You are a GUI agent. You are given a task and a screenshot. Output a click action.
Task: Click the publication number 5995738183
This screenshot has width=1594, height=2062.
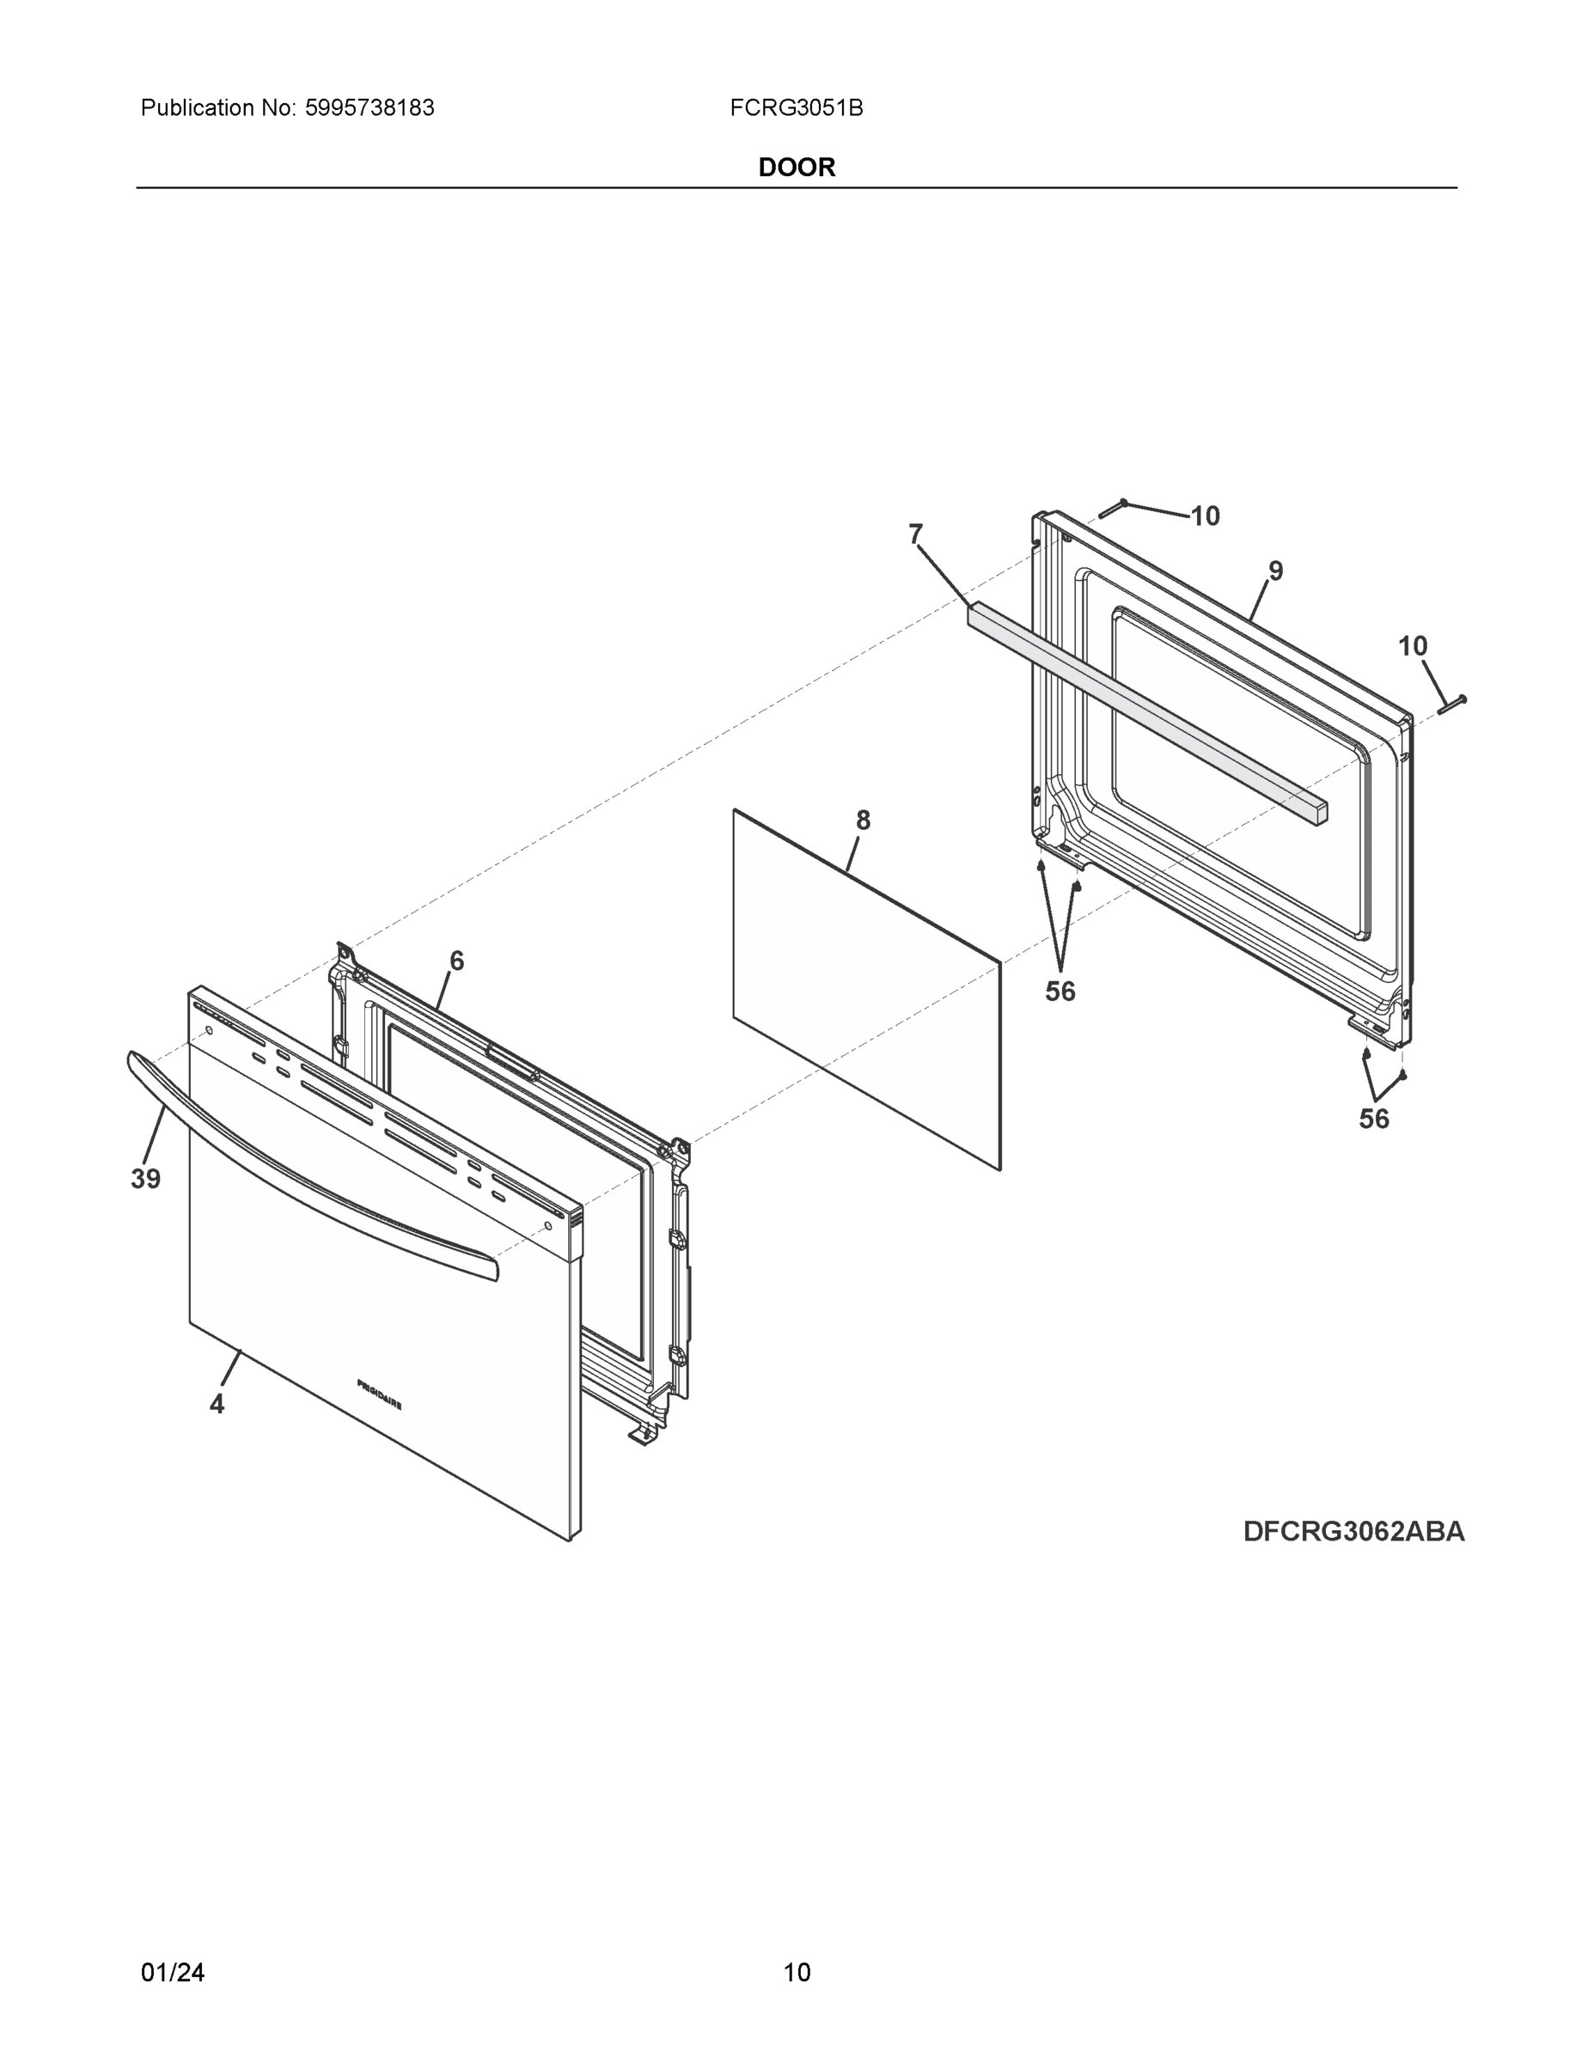369,107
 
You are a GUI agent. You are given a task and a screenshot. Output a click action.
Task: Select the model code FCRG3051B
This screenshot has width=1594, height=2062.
795,107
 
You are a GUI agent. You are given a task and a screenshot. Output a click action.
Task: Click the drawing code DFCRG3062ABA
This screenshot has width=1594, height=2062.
1353,1531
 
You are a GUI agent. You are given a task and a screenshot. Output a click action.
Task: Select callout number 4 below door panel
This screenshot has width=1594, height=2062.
217,1405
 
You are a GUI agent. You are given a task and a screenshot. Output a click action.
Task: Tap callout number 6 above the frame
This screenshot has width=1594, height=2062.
456,961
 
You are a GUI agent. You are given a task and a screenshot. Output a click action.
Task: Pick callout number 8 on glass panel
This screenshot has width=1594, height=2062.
862,821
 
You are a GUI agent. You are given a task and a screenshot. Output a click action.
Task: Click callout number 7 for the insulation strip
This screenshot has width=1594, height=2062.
914,534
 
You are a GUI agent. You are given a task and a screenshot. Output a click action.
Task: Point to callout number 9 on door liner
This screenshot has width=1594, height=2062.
1275,570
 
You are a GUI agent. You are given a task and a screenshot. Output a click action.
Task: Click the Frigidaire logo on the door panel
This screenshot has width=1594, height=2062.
379,1394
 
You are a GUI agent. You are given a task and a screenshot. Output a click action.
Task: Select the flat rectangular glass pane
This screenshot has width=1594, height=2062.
866,991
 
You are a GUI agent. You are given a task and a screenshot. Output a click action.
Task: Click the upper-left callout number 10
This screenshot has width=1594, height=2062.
1205,516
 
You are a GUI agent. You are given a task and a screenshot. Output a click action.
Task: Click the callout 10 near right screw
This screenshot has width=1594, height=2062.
1412,646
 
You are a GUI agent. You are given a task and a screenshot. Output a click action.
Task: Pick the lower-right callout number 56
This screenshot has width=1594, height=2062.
1373,1119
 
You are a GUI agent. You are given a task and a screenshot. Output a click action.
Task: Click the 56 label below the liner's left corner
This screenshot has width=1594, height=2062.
1060,991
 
